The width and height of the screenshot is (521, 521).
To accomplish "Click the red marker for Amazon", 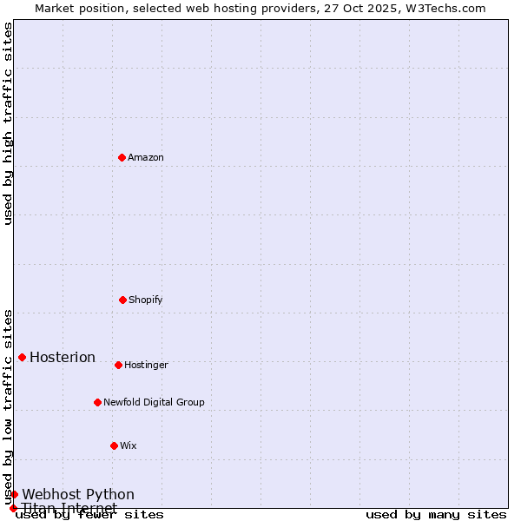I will click(122, 157).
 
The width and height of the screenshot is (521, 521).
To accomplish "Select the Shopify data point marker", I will click(122, 300).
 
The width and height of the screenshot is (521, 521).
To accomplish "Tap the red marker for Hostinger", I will click(118, 365).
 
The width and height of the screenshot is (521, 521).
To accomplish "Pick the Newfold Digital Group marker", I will click(97, 402).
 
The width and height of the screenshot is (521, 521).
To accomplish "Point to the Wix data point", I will click(114, 445).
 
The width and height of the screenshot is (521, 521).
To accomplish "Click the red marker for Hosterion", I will click(22, 357).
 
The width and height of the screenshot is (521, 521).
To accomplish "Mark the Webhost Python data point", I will click(14, 494).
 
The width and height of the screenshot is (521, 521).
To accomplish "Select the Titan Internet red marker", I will click(13, 508).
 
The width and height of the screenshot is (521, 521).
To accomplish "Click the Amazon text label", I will click(146, 158).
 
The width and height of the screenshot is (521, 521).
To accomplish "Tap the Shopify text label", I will click(146, 300).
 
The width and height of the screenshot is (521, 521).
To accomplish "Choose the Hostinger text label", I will click(146, 366).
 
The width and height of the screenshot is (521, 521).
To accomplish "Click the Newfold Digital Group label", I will click(154, 403).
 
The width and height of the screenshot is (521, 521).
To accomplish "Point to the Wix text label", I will click(129, 446).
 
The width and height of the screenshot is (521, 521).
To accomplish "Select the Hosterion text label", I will click(63, 358).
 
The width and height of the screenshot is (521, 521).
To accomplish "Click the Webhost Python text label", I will click(78, 495).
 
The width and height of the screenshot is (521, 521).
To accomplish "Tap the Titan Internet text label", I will click(69, 508).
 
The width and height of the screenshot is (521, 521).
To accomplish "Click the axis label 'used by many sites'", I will click(436, 515).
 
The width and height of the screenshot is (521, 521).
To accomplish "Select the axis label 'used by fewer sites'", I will click(89, 515).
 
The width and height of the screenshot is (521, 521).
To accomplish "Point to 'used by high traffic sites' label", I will click(8, 123).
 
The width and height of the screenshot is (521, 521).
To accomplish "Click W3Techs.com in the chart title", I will click(443, 8).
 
